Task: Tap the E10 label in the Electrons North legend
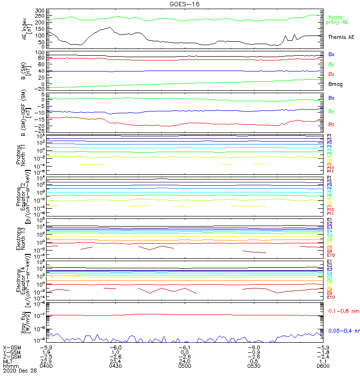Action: pyautogui.click(x=331, y=255)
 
